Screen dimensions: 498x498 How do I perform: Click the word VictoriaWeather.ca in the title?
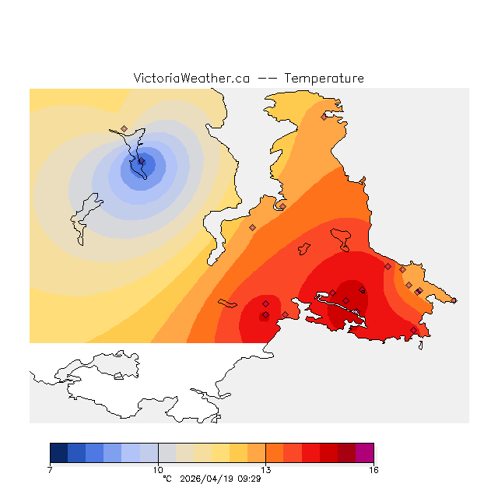click(x=191, y=79)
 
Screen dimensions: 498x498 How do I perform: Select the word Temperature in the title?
click(x=324, y=79)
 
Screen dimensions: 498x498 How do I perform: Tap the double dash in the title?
click(x=266, y=79)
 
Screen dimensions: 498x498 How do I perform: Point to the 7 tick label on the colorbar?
click(x=50, y=470)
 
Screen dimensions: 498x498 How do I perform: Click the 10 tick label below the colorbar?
click(x=158, y=470)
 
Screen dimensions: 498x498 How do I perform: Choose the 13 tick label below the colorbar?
click(x=265, y=470)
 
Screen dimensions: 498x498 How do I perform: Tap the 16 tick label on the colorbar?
click(x=373, y=470)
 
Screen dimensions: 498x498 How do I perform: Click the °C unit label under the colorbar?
click(x=167, y=479)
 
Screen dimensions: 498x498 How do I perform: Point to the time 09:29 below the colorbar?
click(x=249, y=479)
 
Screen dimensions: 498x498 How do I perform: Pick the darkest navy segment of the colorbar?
click(x=58, y=453)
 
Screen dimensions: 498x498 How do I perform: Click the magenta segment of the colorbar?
click(x=364, y=453)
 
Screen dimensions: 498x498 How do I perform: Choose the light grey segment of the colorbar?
click(x=167, y=453)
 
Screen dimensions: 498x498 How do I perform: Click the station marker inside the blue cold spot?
click(x=142, y=162)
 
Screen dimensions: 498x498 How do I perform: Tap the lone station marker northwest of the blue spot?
click(x=124, y=128)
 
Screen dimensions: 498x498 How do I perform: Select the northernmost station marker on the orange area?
click(x=324, y=117)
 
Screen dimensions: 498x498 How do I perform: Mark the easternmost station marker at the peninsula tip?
click(x=419, y=290)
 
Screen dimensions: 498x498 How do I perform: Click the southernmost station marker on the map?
click(x=285, y=314)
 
